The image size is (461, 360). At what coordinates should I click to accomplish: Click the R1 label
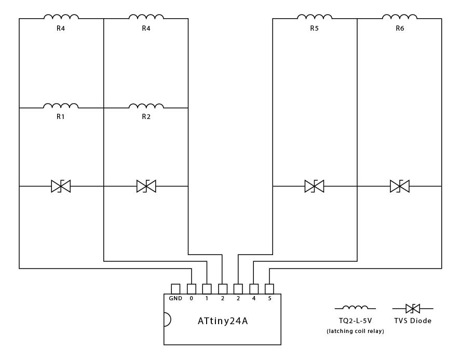point(61,117)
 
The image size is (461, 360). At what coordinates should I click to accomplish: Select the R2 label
point(146,117)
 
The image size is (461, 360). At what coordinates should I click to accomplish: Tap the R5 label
point(314,29)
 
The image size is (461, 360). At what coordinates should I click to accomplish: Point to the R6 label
point(400,29)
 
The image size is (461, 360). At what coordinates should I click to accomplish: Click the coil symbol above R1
point(61,105)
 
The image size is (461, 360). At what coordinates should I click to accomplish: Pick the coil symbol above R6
point(400,17)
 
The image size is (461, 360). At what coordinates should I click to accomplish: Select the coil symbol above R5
point(314,17)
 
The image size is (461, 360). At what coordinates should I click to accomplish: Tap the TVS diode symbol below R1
point(61,186)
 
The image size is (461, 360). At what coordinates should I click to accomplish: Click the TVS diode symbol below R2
point(146,186)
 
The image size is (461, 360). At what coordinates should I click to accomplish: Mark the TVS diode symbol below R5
point(314,186)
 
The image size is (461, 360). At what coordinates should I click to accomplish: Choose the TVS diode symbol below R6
point(400,186)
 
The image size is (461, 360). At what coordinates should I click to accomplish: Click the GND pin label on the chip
point(175,299)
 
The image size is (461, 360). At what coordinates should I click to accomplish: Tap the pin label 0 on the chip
point(191,299)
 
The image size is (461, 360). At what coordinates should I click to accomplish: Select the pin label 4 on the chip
point(254,299)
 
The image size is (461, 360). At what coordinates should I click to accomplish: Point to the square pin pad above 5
point(269,289)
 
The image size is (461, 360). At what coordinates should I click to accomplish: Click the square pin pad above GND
point(175,289)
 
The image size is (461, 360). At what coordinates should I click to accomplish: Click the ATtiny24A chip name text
point(223,321)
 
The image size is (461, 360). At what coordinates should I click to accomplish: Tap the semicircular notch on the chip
point(167,319)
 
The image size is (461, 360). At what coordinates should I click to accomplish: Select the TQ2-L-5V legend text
point(355,321)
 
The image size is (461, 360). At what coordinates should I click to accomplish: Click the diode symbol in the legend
point(413,309)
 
